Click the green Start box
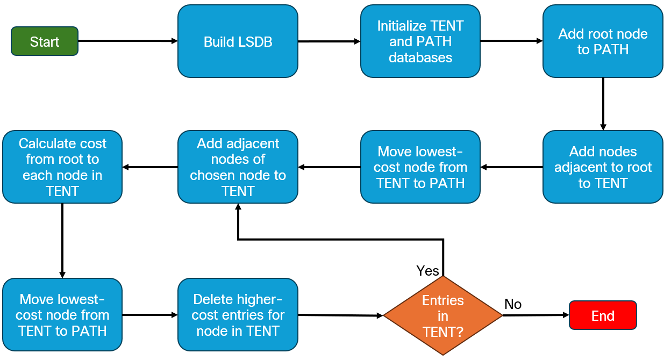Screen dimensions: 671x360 pos(45,41)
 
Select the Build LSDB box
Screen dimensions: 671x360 pos(238,41)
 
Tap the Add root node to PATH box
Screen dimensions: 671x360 pos(603,41)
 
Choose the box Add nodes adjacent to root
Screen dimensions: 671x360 pos(603,167)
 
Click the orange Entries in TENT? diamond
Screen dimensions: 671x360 pos(442,315)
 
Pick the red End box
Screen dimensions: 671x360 pos(603,315)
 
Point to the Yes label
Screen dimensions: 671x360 pos(427,271)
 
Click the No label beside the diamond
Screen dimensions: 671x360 pos(513,304)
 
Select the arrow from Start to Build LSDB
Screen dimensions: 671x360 pos(128,41)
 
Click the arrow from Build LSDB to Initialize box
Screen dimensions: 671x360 pos(329,41)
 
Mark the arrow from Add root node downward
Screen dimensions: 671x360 pos(603,104)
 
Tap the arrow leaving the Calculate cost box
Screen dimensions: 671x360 pos(62,241)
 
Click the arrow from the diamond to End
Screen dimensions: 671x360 pos(536,315)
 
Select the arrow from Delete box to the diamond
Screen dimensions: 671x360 pos(340,315)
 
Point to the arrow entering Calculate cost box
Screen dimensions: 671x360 pos(150,167)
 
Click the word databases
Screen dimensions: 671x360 pos(420,57)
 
